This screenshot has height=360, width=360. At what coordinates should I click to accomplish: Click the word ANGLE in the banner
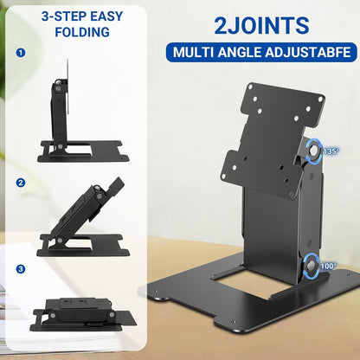click(x=237, y=52)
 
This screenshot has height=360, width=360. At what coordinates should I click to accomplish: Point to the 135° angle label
click(x=332, y=151)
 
